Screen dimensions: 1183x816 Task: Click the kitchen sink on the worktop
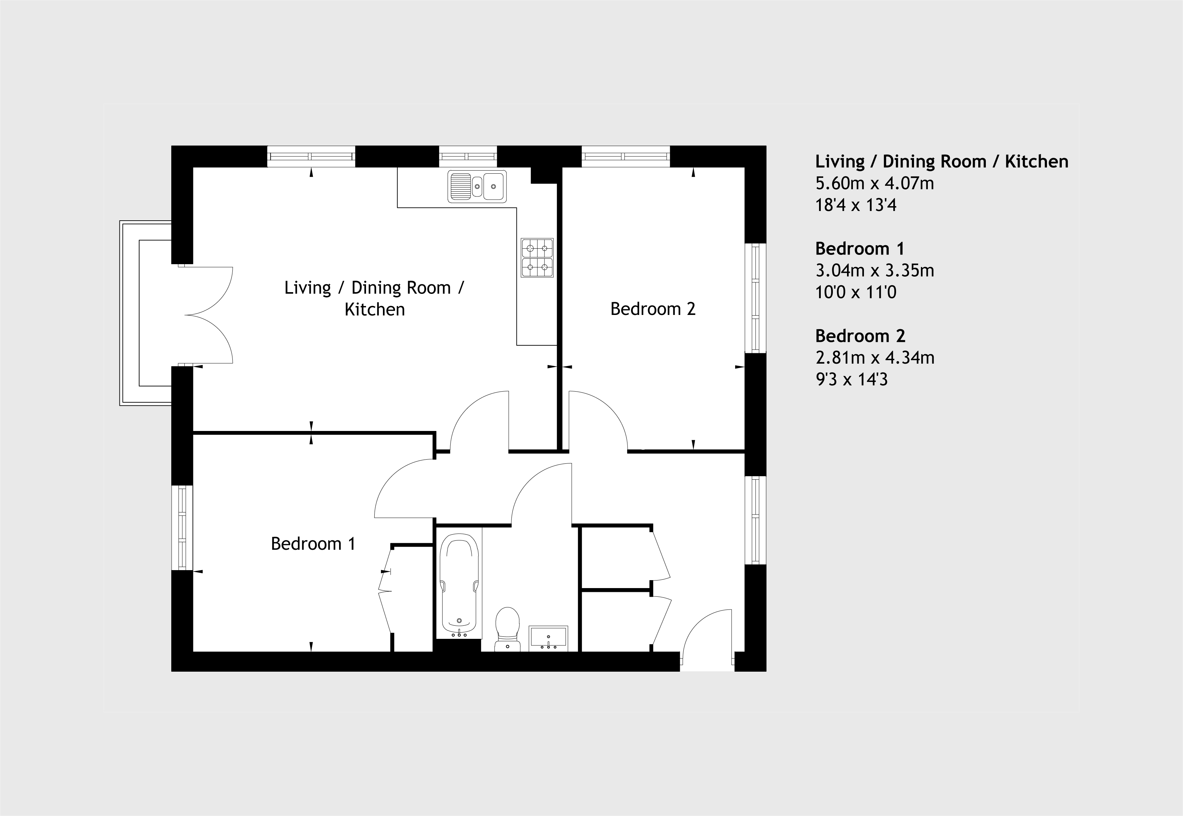477,186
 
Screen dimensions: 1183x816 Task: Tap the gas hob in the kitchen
537,258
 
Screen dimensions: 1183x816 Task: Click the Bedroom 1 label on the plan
313,544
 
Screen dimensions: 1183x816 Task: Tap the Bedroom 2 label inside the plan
653,309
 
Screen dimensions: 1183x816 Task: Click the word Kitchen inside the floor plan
375,310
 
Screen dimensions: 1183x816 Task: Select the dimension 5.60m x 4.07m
874,183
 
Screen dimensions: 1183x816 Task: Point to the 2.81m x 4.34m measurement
875,357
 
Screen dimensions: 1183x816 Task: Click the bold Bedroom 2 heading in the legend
860,336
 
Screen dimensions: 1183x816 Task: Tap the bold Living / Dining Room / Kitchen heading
942,162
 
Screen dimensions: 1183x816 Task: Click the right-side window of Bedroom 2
755,298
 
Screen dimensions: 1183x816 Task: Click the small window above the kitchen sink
468,156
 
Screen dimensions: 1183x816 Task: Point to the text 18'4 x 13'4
856,205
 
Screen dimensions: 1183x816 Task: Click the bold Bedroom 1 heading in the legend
860,249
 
